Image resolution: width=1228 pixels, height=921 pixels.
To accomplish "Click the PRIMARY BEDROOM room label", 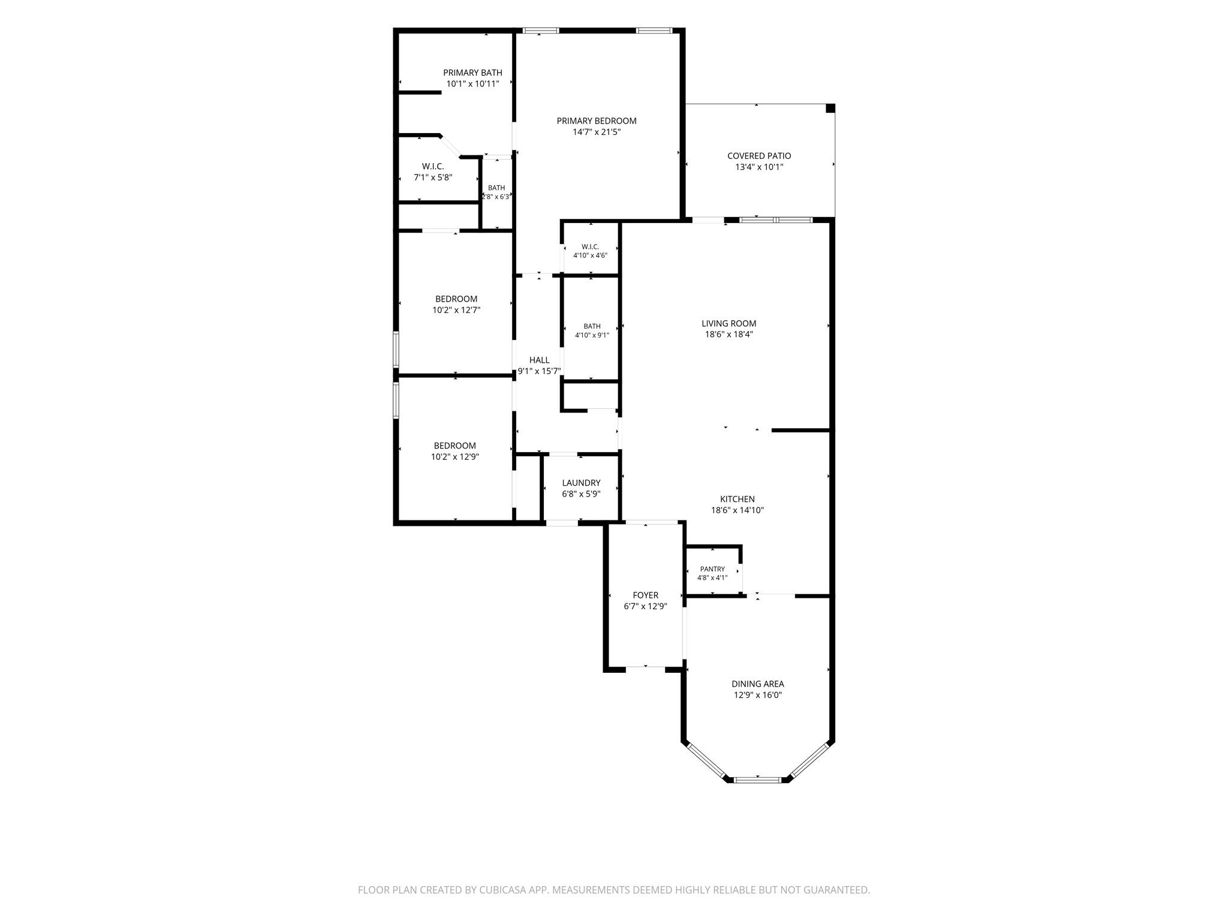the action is click(597, 121).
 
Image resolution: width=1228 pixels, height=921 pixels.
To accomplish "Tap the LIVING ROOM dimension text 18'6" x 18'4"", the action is click(729, 335).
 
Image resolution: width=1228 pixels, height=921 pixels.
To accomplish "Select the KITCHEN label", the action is click(738, 499).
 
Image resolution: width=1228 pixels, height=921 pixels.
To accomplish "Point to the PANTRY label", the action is click(712, 569).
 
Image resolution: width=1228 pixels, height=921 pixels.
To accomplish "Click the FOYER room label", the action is click(646, 595).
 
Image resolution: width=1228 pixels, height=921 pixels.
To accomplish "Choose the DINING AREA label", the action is click(758, 684).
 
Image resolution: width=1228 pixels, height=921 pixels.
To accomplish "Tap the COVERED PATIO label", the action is click(759, 156).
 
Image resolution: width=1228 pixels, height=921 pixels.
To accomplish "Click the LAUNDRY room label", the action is click(581, 483).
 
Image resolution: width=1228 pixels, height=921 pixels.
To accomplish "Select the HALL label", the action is click(539, 360).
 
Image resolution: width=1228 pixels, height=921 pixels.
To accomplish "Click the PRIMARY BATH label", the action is click(472, 73).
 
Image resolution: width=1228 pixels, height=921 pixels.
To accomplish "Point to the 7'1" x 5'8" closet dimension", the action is click(433, 177).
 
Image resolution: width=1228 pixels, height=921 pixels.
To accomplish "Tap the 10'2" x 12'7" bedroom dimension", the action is click(456, 311).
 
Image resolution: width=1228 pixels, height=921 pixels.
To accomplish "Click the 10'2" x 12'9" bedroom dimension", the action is click(455, 457).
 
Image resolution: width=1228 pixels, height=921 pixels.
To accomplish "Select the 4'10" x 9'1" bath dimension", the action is click(592, 335).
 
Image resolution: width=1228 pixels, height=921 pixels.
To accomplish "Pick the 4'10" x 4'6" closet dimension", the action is click(590, 255).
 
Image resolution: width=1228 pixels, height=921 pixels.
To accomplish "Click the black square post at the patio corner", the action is click(830, 108).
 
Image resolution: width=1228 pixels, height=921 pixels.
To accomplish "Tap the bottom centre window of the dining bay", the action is click(758, 779).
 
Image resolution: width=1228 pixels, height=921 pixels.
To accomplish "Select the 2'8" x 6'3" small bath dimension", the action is click(496, 197).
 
